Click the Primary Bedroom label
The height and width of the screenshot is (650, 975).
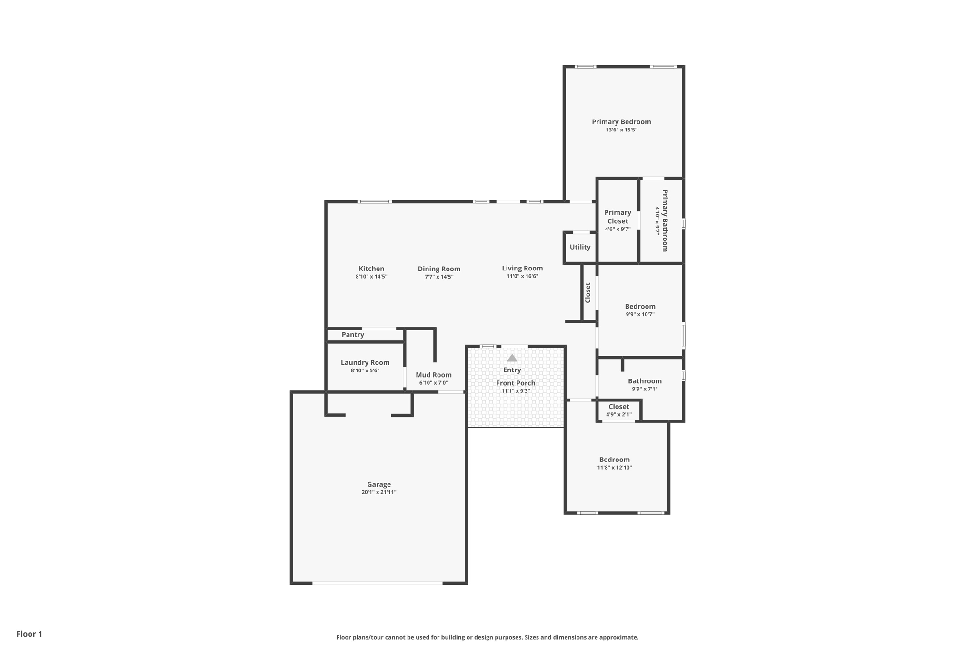click(621, 122)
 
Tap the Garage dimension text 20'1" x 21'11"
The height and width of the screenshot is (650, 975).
click(378, 492)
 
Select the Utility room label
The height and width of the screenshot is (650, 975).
click(580, 247)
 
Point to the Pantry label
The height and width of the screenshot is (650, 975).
click(353, 335)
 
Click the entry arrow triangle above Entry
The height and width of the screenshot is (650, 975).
click(512, 358)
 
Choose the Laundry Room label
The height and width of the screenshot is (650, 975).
click(365, 363)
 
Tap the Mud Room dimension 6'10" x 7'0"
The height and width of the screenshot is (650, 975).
click(433, 383)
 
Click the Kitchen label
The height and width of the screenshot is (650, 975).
click(371, 269)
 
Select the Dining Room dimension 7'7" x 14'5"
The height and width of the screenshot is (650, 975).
click(439, 277)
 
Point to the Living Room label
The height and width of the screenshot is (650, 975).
click(522, 268)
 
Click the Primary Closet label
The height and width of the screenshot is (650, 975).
click(617, 217)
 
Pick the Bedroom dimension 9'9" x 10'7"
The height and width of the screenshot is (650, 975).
click(640, 314)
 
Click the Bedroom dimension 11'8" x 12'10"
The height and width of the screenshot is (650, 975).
click(614, 468)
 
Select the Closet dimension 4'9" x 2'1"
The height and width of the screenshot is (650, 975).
click(618, 415)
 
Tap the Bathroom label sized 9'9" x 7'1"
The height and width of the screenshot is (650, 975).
click(645, 381)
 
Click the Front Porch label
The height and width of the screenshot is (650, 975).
click(516, 383)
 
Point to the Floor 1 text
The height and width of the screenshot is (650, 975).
click(29, 634)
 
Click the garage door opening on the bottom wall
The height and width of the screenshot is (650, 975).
click(377, 583)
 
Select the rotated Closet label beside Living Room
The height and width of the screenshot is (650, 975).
click(588, 293)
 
